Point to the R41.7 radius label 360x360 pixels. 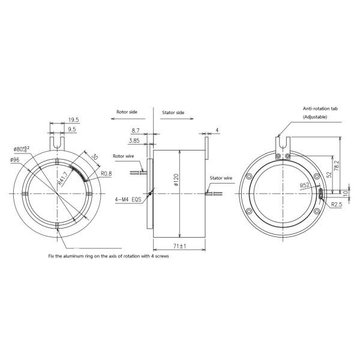point(62,177)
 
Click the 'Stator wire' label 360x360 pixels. point(221,178)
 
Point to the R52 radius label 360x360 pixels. point(306,186)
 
